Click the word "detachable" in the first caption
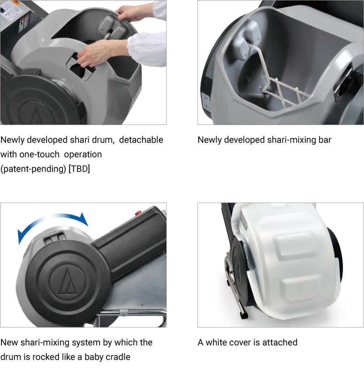point(141,140)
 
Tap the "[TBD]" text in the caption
point(79,169)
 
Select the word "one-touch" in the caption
point(39,154)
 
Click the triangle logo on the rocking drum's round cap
point(67,281)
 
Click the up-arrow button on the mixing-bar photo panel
point(205,97)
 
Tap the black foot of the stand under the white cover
point(244,315)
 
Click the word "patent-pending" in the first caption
point(33,169)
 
